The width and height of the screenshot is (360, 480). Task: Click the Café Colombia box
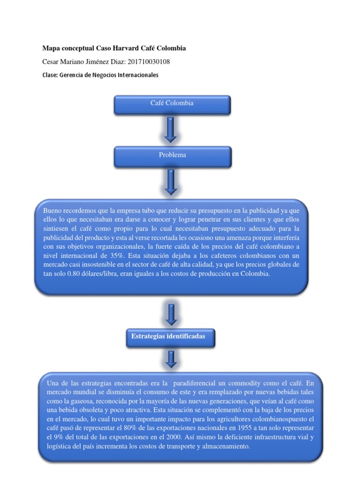(x=172, y=105)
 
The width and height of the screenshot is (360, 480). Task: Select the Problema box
(x=172, y=156)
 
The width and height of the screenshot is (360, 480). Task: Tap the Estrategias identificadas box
(x=171, y=337)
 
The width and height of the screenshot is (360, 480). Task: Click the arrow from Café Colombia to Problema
(x=171, y=129)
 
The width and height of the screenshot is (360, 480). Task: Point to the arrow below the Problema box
(x=171, y=182)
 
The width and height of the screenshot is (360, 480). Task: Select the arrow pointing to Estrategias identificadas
(x=171, y=314)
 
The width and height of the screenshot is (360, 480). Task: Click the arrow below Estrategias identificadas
(x=171, y=359)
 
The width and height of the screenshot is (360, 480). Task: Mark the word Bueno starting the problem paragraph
(x=52, y=210)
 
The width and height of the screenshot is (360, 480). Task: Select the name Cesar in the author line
(x=51, y=61)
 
